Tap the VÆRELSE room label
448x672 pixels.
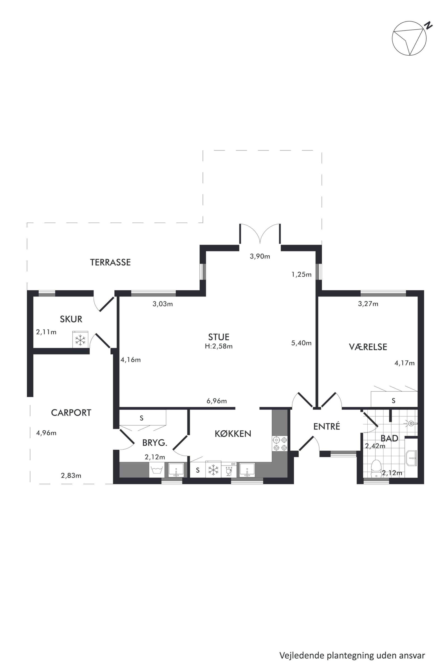(368, 347)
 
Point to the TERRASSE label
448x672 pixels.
(110, 262)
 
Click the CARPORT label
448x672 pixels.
(71, 413)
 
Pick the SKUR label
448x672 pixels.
(71, 319)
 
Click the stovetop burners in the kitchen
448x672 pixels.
(280, 444)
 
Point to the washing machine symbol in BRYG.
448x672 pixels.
(156, 470)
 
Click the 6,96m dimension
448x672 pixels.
(217, 401)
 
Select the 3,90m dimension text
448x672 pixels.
(260, 256)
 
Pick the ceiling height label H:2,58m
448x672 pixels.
(219, 346)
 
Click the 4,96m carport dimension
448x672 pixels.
(46, 433)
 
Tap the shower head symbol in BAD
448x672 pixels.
(411, 423)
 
